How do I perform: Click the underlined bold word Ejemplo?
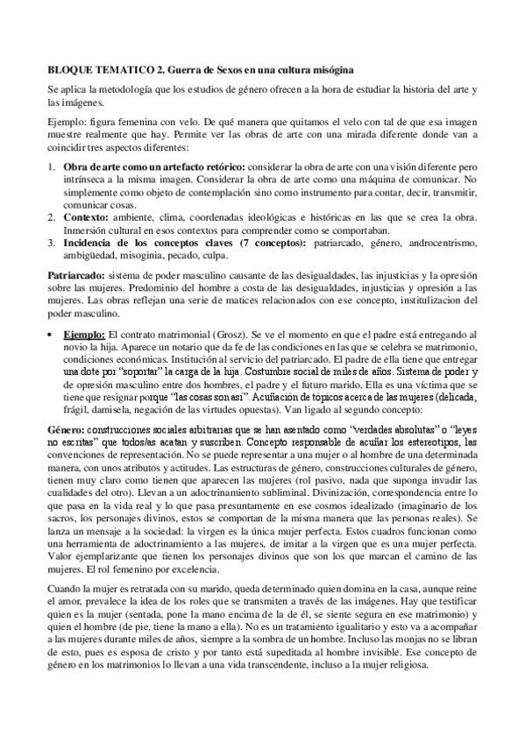click(x=86, y=336)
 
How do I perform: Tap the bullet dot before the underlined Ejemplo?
click(x=50, y=336)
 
